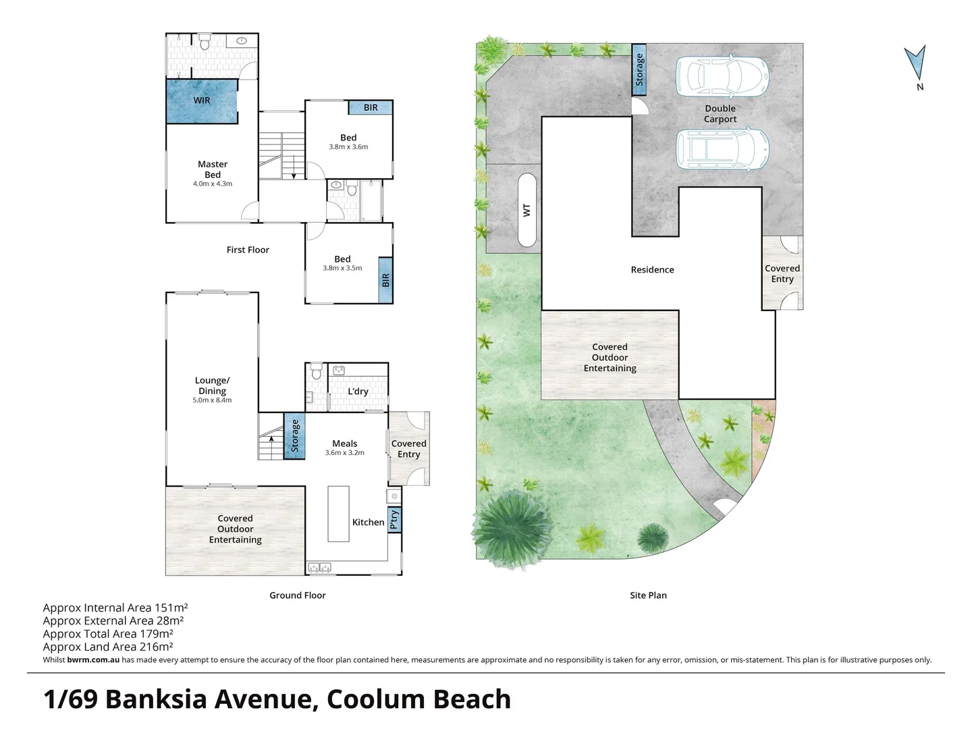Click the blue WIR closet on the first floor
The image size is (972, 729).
[x=202, y=101]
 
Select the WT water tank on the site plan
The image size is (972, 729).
[x=526, y=210]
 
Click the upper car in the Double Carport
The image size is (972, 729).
[x=722, y=76]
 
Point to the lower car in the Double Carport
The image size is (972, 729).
[x=722, y=150]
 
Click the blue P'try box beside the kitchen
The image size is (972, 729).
[x=395, y=520]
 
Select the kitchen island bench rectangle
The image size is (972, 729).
[x=338, y=514]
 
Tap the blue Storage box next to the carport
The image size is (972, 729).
[x=639, y=70]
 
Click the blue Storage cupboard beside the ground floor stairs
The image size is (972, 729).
[x=294, y=436]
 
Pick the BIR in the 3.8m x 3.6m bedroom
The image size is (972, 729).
[x=371, y=107]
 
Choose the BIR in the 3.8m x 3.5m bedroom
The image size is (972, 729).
[x=385, y=280]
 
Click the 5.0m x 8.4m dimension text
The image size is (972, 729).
[x=212, y=400]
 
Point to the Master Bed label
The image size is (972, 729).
[x=213, y=169]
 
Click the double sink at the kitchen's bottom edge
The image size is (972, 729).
[x=319, y=568]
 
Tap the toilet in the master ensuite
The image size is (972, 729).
[x=204, y=42]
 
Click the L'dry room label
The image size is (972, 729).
[x=358, y=391]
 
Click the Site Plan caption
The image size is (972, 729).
[x=648, y=596]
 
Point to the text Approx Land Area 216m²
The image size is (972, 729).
[x=108, y=647]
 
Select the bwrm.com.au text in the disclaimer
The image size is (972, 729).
[x=93, y=660]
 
